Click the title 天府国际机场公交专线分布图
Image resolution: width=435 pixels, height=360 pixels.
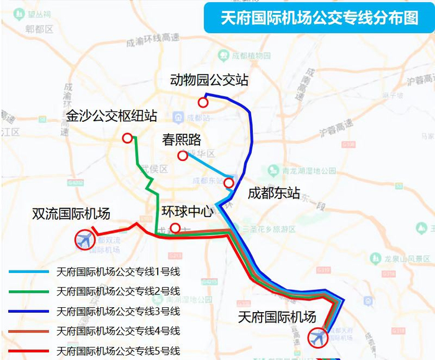[319, 18]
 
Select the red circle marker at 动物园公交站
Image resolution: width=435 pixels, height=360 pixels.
[203, 103]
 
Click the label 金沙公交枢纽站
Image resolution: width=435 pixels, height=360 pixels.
[112, 116]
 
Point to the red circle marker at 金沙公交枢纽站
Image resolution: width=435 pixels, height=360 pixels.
[127, 138]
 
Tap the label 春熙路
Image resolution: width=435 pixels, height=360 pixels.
[182, 139]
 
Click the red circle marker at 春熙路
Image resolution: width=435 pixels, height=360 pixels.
[182, 155]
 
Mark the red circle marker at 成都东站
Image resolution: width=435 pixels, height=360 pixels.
[229, 183]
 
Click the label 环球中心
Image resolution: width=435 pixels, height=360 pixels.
[188, 211]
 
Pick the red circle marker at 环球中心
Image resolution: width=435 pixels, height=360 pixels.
[175, 228]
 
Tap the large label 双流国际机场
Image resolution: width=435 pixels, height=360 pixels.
[71, 214]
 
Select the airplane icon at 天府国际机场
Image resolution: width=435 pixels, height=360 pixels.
[318, 338]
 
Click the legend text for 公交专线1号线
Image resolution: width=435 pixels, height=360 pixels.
[118, 272]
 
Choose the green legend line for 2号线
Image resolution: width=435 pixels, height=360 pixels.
[29, 292]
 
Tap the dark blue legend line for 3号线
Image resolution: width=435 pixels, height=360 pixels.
[29, 311]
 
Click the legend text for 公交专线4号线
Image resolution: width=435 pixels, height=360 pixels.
[118, 331]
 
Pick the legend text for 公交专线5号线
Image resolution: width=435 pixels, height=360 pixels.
[118, 350]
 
